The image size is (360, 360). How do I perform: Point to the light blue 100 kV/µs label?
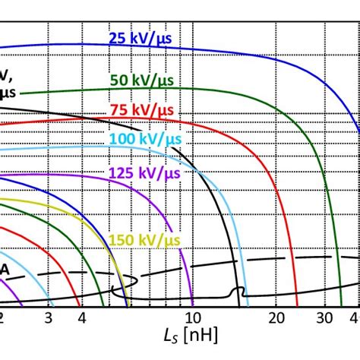(144, 141)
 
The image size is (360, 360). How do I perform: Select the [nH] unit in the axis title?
(197, 335)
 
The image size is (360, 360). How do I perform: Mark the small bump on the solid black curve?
(238, 289)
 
